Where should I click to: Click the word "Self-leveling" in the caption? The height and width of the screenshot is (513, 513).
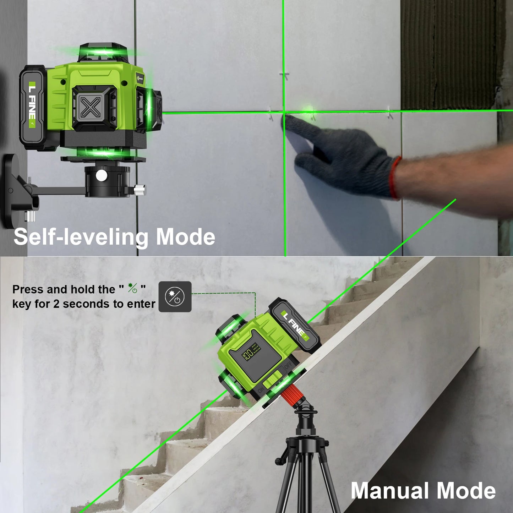[80, 237]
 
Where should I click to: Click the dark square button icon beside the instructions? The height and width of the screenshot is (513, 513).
[175, 297]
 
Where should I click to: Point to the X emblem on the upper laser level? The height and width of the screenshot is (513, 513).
[91, 107]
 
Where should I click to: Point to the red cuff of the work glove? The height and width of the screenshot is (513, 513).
[395, 178]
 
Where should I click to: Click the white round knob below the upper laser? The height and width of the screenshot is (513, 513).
[102, 175]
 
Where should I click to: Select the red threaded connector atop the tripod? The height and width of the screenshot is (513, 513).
[292, 394]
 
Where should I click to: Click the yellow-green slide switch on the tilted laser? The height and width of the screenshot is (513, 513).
[272, 380]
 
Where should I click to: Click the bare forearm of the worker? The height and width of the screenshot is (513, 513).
[454, 178]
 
